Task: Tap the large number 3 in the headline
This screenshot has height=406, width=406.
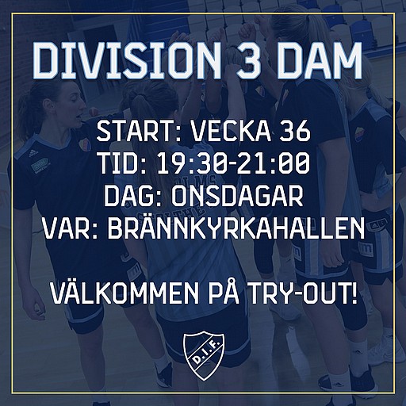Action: coord(246,61)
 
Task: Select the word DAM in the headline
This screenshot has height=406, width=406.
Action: coord(320,61)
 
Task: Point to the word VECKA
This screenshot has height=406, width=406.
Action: coord(231,132)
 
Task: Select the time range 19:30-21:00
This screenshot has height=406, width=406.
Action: coord(232,164)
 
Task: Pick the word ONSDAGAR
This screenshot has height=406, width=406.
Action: coord(237,197)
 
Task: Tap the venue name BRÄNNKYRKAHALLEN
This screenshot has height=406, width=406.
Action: coord(236,228)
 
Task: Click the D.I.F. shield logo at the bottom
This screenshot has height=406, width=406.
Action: coord(204,357)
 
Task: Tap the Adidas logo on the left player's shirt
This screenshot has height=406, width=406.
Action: coord(33,153)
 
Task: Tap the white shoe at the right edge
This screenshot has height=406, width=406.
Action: coord(386,350)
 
